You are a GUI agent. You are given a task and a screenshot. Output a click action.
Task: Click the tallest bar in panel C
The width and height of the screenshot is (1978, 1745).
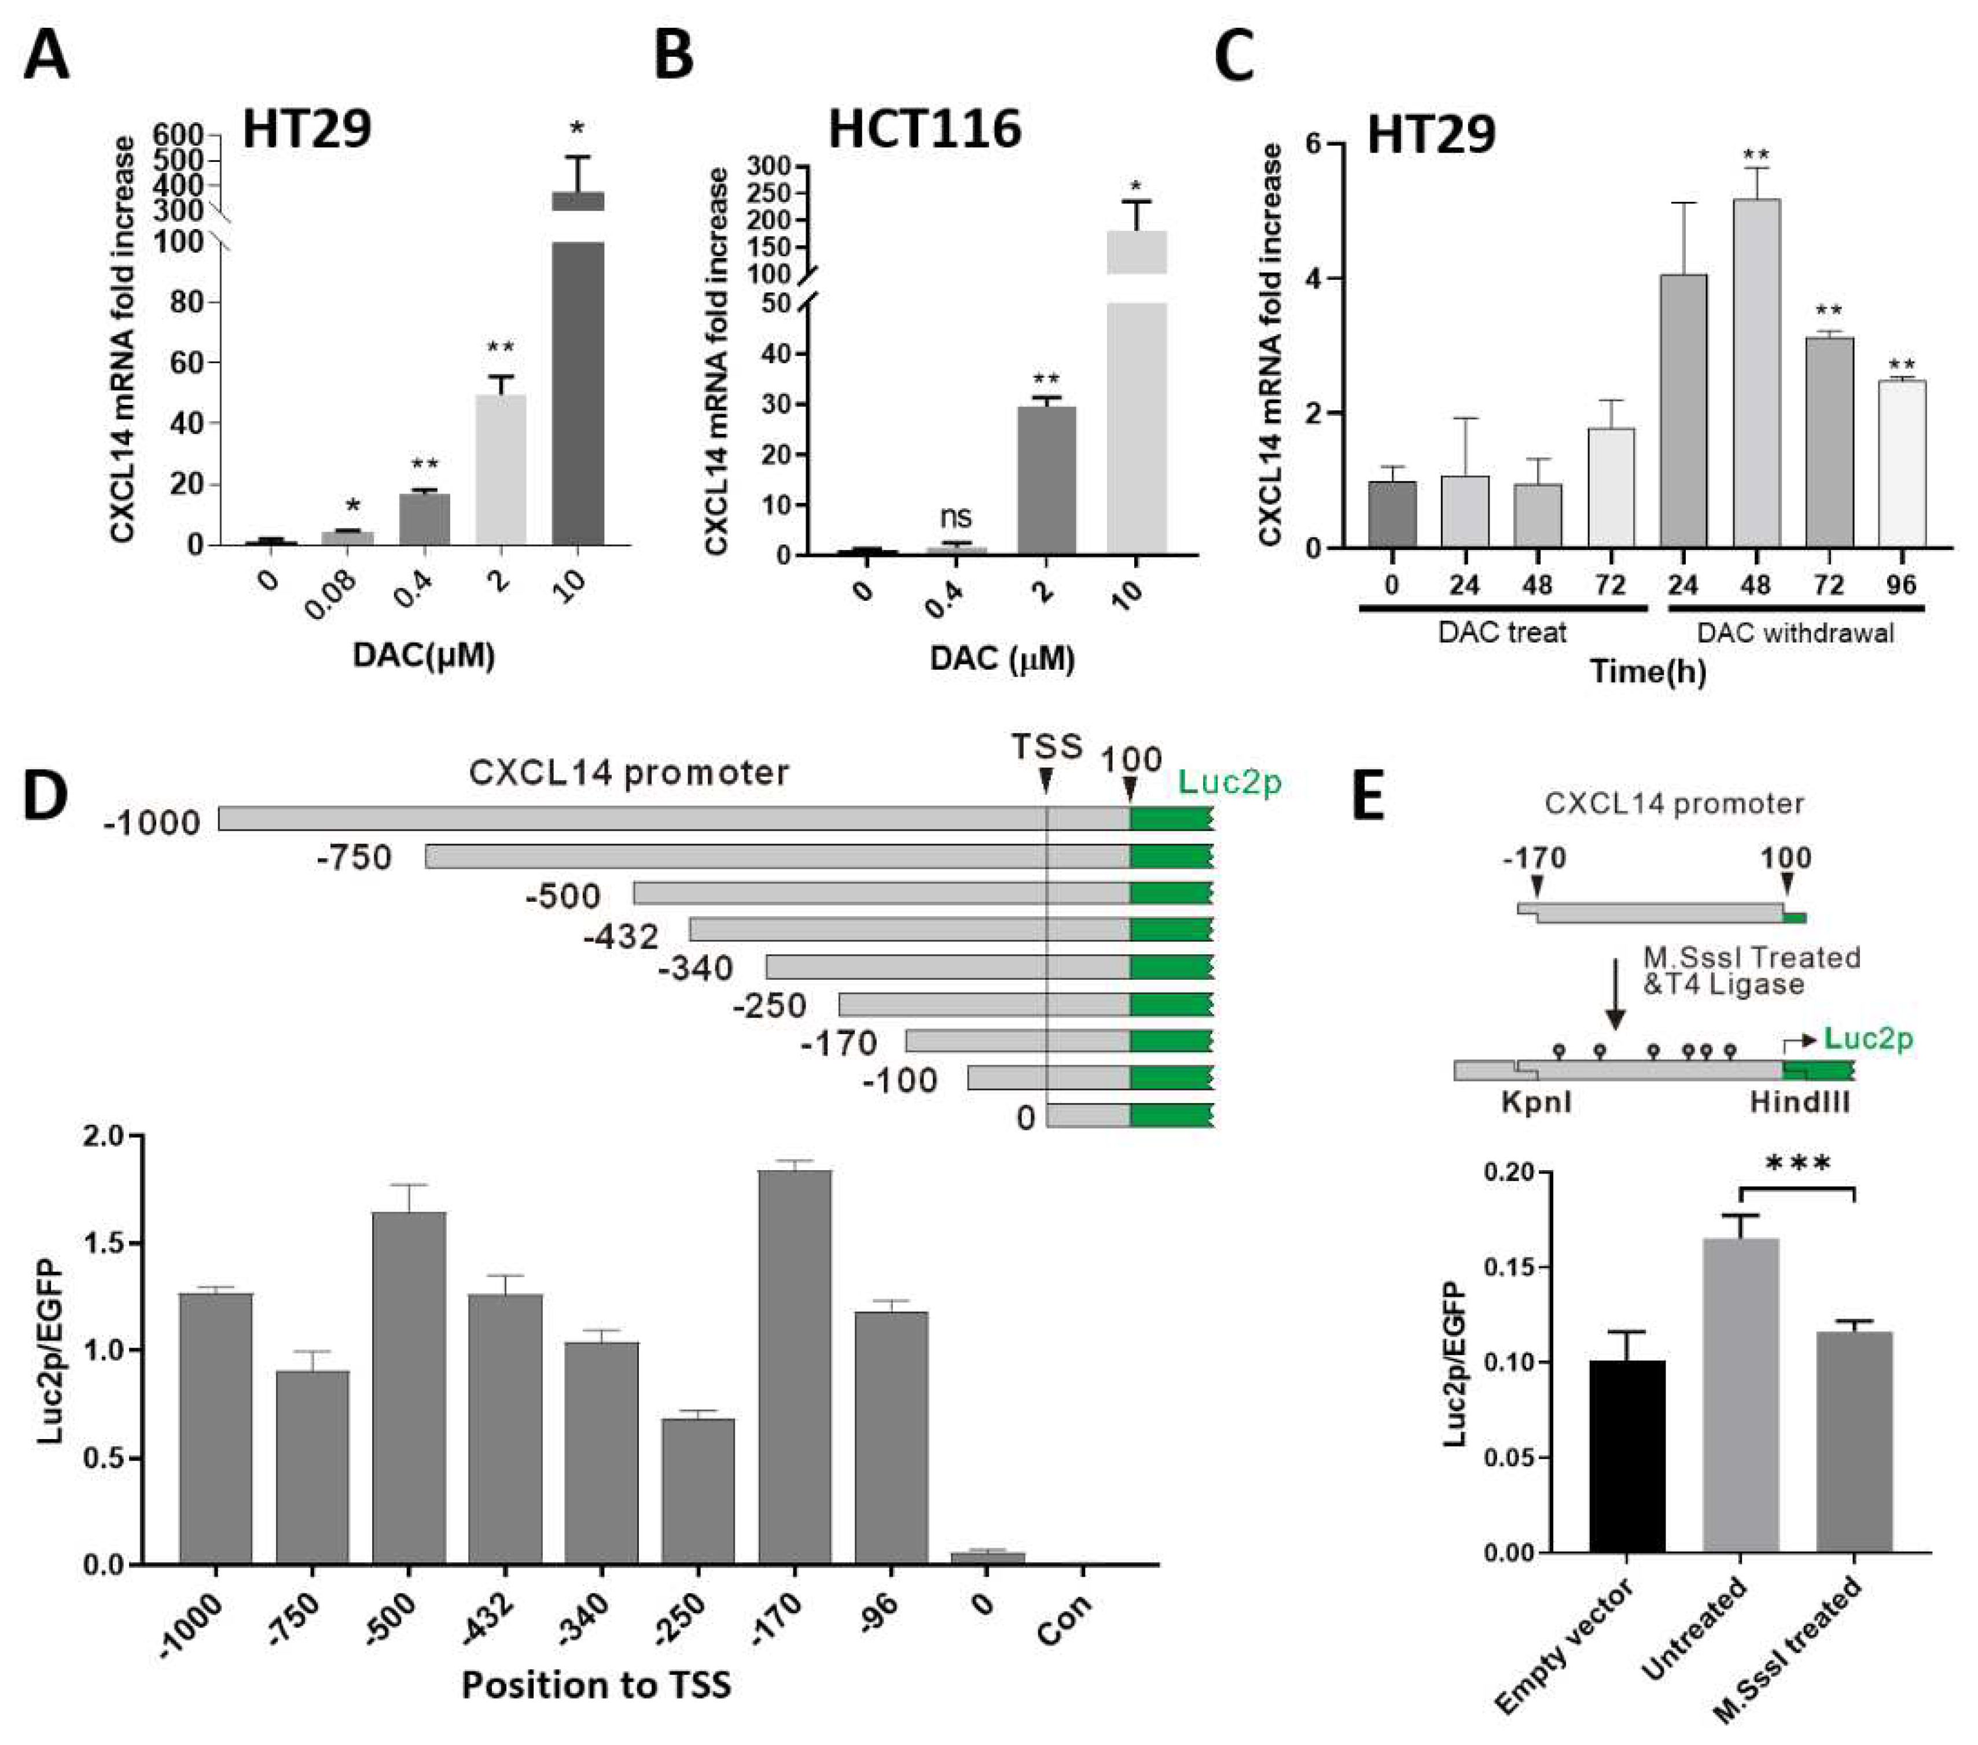point(1755,372)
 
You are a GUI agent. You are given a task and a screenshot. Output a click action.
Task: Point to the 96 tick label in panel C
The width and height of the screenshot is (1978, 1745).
point(1900,584)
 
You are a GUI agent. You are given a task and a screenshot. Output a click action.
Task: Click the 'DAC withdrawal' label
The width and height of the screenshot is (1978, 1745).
point(1795,633)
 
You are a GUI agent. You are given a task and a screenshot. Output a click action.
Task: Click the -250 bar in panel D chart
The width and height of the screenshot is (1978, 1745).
point(698,1489)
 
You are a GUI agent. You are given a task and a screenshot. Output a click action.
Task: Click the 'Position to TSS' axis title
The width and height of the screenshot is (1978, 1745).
point(596,1684)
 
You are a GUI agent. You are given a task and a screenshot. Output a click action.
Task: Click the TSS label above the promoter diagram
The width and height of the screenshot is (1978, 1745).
point(1046,747)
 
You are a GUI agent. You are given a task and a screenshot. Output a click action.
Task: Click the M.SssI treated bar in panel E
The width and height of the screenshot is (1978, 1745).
point(1854,1441)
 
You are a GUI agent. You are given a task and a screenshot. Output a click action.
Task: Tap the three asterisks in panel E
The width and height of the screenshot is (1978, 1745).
point(1798,1164)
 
